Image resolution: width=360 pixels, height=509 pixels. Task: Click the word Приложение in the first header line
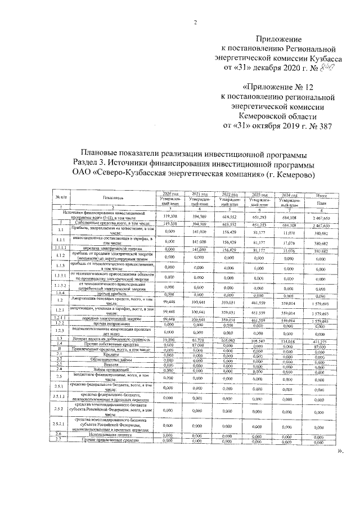[278, 39]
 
